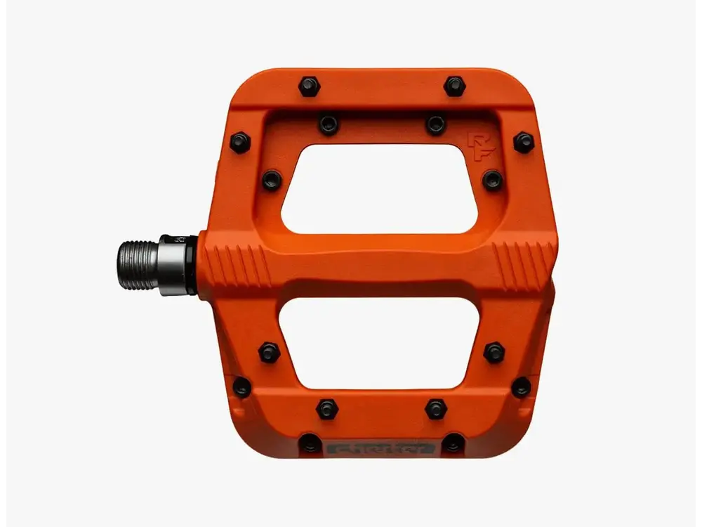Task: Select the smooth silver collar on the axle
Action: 173,264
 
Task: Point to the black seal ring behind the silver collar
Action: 192,264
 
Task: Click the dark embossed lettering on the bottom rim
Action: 381,447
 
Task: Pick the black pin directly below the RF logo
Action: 492,180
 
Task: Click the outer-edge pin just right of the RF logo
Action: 524,143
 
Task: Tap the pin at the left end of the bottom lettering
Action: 310,443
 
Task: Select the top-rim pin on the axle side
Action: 309,86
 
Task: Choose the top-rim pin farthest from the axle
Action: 455,86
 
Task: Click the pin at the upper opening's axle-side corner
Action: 272,180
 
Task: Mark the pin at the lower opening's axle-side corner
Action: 269,352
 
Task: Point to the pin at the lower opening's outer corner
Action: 494,352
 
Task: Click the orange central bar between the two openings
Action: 380,266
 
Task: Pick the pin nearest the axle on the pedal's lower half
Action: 241,386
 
